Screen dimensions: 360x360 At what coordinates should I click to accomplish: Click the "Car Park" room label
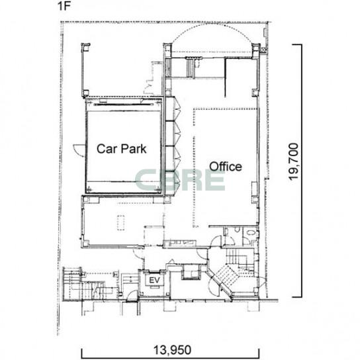(x=122, y=149)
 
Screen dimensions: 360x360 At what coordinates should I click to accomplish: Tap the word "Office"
(x=226, y=167)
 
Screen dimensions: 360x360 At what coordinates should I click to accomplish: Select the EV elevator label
(x=154, y=280)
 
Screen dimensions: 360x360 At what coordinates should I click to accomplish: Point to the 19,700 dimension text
(x=294, y=162)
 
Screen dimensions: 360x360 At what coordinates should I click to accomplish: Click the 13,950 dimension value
(x=172, y=350)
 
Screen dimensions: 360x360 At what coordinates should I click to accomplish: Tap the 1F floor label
(x=64, y=6)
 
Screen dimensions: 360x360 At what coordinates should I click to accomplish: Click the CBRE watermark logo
(x=180, y=180)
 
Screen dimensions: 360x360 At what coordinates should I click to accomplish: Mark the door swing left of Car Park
(x=79, y=150)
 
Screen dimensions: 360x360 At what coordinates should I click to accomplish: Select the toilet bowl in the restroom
(x=238, y=230)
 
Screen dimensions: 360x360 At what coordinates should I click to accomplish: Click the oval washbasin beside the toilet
(x=251, y=233)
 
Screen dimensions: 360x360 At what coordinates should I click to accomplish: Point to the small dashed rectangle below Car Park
(x=120, y=222)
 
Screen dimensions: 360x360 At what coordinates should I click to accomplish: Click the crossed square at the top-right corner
(x=264, y=50)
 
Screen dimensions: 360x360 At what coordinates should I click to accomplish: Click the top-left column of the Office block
(x=167, y=50)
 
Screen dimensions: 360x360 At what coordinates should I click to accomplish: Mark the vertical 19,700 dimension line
(x=301, y=171)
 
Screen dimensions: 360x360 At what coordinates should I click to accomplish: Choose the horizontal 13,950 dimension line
(x=170, y=357)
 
